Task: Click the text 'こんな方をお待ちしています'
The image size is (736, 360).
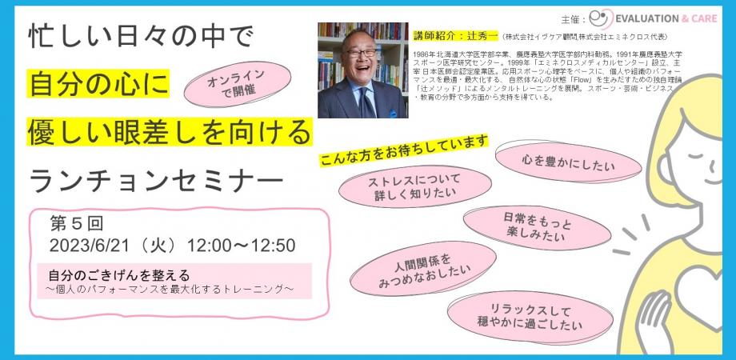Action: (404, 148)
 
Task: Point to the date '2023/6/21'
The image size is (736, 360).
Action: (86, 245)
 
